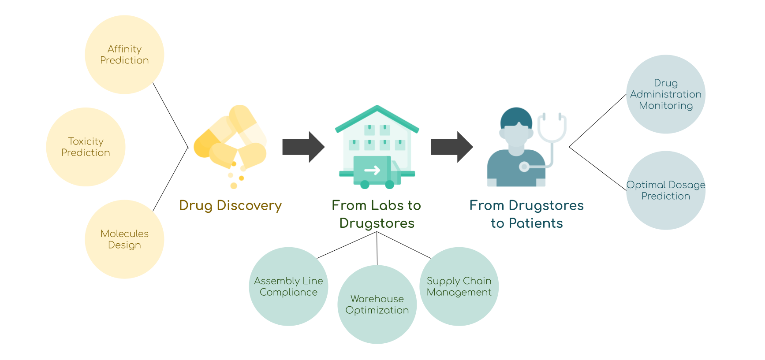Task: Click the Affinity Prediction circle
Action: [x=124, y=55]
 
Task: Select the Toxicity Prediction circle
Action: [x=86, y=147]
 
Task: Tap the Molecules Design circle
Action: [x=124, y=239]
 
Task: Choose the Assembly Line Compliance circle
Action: [x=288, y=286]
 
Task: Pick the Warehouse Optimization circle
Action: [x=377, y=304]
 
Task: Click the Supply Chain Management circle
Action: [x=459, y=286]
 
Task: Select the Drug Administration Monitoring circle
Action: [x=666, y=94]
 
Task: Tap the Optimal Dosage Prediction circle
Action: [x=666, y=190]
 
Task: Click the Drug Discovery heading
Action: [x=230, y=205]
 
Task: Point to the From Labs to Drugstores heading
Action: [x=377, y=214]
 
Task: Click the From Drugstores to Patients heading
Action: [x=526, y=214]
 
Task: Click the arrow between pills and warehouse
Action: [x=303, y=147]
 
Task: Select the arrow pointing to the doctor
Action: [x=452, y=147]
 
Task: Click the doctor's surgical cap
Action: [x=516, y=116]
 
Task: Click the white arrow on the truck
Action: [x=372, y=170]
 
